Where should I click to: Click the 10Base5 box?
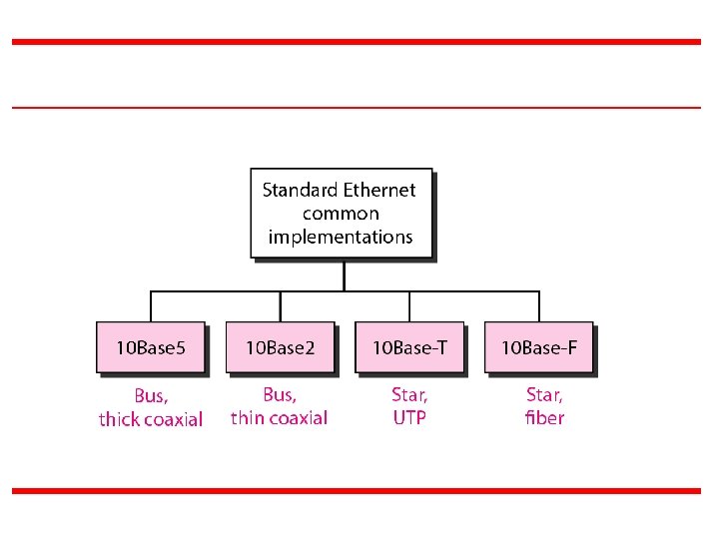pyautogui.click(x=151, y=347)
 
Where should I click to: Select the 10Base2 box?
pyautogui.click(x=280, y=347)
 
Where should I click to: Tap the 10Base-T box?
pyautogui.click(x=409, y=347)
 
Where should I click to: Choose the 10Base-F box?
pyautogui.click(x=538, y=347)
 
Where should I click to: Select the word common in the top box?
pyautogui.click(x=341, y=214)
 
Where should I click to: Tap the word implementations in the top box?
pyautogui.click(x=341, y=238)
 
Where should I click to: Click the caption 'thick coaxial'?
pyautogui.click(x=151, y=419)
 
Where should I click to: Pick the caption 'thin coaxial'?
pyautogui.click(x=279, y=418)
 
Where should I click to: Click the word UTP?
pyautogui.click(x=409, y=418)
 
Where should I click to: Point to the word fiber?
pyautogui.click(x=544, y=418)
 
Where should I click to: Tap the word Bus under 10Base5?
pyautogui.click(x=151, y=395)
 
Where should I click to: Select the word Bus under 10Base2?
pyautogui.click(x=280, y=395)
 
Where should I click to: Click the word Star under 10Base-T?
pyautogui.click(x=409, y=395)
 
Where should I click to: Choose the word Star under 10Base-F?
pyautogui.click(x=544, y=395)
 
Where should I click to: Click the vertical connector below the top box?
pyautogui.click(x=344, y=275)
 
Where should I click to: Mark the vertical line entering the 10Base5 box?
pyautogui.click(x=151, y=306)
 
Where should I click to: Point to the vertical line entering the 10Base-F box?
pyautogui.click(x=539, y=306)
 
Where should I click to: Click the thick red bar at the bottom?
pyautogui.click(x=357, y=491)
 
